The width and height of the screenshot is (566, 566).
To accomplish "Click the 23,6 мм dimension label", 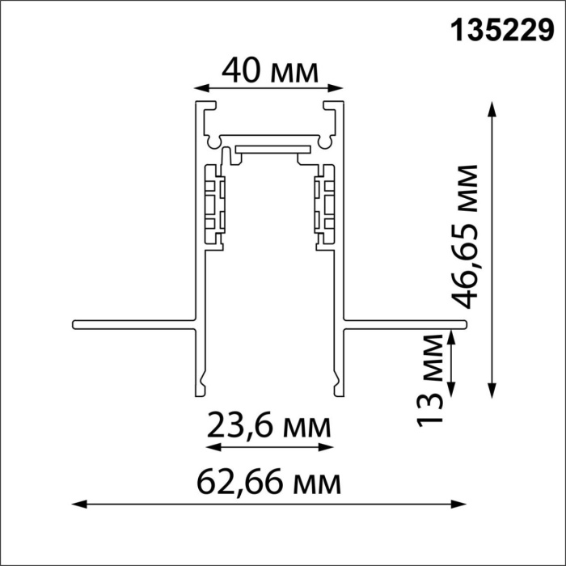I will tap(268, 424).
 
